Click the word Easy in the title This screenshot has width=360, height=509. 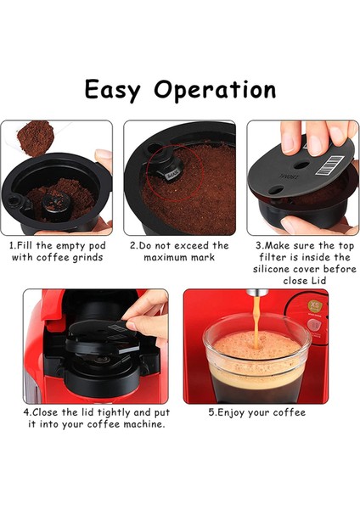tap(112, 90)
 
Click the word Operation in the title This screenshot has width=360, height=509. tap(215, 90)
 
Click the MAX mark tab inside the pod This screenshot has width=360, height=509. tap(172, 176)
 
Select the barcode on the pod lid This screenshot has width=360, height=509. tap(329, 165)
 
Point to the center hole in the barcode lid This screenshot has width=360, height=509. tap(301, 165)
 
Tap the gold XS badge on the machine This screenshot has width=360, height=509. tap(315, 305)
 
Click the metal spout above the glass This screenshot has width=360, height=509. tap(257, 292)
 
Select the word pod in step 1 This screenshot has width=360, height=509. tap(97, 246)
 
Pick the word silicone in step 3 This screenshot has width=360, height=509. tap(272, 269)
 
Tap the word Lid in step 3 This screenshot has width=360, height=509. tap(318, 281)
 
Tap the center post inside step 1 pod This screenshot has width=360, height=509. tap(56, 204)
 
